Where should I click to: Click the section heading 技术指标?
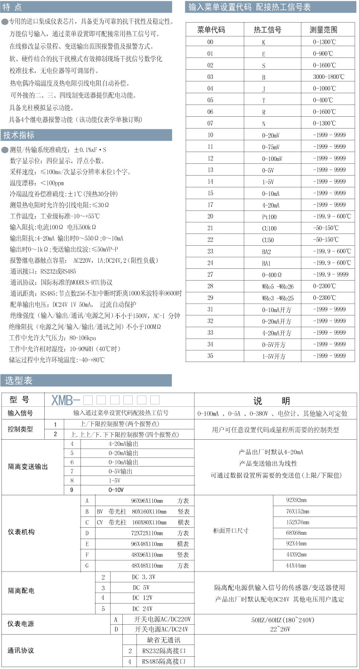point(19,135)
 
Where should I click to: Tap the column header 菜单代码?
point(211,30)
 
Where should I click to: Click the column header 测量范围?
point(323,30)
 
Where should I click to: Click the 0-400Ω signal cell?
point(272,274)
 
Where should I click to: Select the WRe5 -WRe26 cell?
point(278,286)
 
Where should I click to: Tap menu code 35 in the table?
point(210,356)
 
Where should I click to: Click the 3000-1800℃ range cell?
point(328,77)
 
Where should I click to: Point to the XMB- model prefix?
point(65,401)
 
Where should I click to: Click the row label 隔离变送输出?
point(28,467)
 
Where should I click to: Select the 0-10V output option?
point(116,490)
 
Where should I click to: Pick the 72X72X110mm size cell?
point(147,533)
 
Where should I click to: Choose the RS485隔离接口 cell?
point(161,662)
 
